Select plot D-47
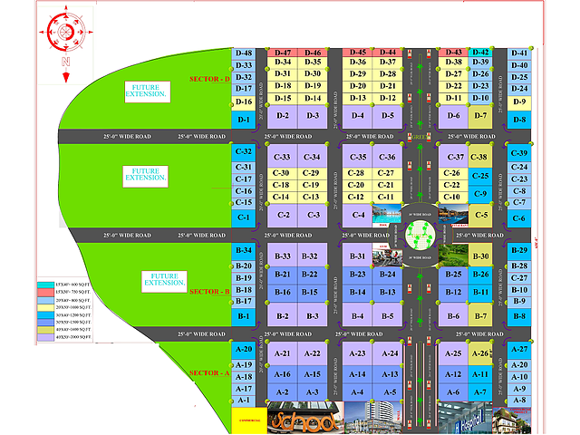(282, 53)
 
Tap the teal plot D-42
(481, 53)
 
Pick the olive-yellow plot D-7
(481, 115)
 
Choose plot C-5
(481, 216)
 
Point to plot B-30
(481, 257)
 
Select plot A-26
(481, 353)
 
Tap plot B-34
(243, 250)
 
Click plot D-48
(243, 53)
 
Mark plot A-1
(243, 400)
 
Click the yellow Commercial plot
(249, 418)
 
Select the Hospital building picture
(461, 419)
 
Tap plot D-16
(243, 101)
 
